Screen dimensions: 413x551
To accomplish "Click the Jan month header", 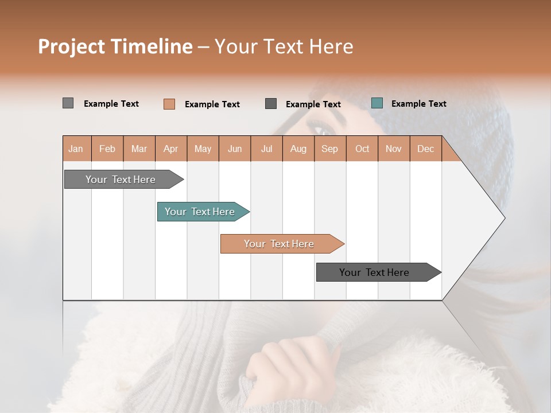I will click(x=76, y=149).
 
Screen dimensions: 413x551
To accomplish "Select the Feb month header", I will click(x=107, y=149).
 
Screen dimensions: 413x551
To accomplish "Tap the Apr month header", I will click(x=170, y=149).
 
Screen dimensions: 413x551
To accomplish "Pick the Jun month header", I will click(x=235, y=149).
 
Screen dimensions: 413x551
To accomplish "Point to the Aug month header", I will click(x=298, y=149).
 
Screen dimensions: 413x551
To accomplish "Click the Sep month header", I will click(x=329, y=149).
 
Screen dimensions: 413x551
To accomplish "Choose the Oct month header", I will click(x=362, y=149).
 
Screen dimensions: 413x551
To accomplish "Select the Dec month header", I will click(x=425, y=149).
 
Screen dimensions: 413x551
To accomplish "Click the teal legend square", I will click(x=377, y=103).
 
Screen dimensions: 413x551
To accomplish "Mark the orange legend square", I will click(x=169, y=104).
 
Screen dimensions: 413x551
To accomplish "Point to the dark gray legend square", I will click(x=271, y=104).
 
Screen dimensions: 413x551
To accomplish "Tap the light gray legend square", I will click(x=68, y=103).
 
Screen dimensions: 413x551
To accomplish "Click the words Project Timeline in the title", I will click(x=115, y=46).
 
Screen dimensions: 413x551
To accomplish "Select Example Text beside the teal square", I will click(x=418, y=104).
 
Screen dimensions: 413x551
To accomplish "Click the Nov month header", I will click(x=394, y=149).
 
